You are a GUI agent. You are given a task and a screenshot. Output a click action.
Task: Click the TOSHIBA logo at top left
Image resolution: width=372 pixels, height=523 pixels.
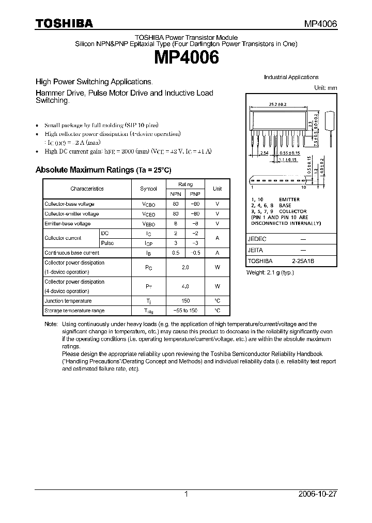click(x=64, y=23)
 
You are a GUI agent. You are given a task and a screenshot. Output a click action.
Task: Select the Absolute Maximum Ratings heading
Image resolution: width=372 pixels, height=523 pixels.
click(x=103, y=170)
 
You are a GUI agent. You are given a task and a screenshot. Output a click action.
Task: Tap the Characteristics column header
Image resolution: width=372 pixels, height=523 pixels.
click(x=87, y=189)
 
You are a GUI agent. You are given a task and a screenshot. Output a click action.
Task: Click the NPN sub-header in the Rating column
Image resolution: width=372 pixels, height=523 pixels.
click(x=176, y=194)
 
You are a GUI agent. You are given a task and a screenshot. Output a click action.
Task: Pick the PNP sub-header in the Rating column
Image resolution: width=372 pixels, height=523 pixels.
click(x=195, y=194)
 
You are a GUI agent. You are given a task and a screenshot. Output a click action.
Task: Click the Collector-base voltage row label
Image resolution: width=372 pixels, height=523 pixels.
click(x=69, y=204)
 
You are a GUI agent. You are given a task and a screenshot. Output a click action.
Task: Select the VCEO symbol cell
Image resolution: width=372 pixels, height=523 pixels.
click(x=149, y=214)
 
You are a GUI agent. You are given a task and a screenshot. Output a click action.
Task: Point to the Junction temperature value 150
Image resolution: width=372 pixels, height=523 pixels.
click(x=185, y=301)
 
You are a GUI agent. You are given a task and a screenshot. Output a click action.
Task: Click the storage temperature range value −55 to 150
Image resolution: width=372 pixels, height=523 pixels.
click(x=185, y=311)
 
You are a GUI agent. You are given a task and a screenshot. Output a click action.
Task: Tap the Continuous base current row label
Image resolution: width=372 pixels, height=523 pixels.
click(x=72, y=253)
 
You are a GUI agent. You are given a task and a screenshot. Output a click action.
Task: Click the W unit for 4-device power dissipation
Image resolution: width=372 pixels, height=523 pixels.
click(x=218, y=286)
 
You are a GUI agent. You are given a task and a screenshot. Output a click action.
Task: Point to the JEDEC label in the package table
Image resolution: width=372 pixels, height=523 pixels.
click(x=257, y=239)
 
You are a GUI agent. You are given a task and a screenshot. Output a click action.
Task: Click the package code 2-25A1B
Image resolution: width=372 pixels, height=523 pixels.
click(x=303, y=261)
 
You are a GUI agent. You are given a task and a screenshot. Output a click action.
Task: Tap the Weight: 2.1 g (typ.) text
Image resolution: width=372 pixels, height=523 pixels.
click(x=270, y=272)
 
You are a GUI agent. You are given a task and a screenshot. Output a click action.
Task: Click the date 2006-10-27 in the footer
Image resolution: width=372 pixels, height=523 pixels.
click(x=318, y=494)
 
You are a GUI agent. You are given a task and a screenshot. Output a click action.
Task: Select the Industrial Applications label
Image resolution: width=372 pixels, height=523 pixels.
click(x=291, y=77)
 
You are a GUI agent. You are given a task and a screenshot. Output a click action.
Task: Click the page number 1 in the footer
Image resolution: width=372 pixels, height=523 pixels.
click(x=186, y=494)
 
